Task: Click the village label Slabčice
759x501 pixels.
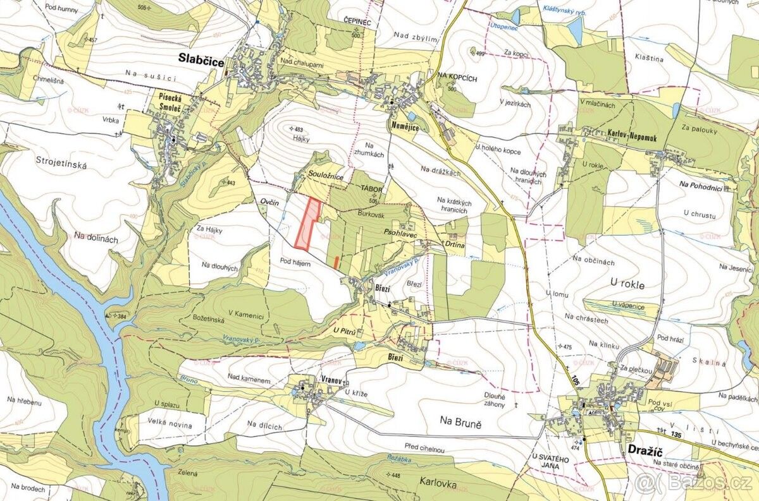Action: [x=200, y=57]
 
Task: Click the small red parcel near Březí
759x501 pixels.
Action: [x=336, y=260]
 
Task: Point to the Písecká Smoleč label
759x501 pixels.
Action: [x=171, y=103]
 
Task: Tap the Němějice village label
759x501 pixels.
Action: [x=401, y=126]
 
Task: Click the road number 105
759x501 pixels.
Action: [x=574, y=380]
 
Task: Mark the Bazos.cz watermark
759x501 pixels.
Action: [x=695, y=484]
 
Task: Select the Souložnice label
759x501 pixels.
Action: [x=326, y=178]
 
